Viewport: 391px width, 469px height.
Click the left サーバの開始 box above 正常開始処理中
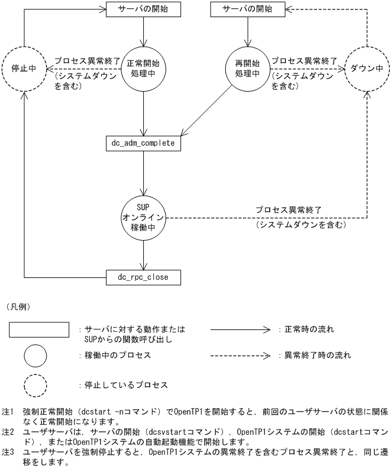143,10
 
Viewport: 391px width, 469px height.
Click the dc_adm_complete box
143,143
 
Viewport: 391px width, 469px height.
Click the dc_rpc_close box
143,276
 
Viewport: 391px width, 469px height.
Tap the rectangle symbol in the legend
40,329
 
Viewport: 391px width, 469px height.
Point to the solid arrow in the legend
240,329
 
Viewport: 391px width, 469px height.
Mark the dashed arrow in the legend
240,356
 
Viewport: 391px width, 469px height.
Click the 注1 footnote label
7,411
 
